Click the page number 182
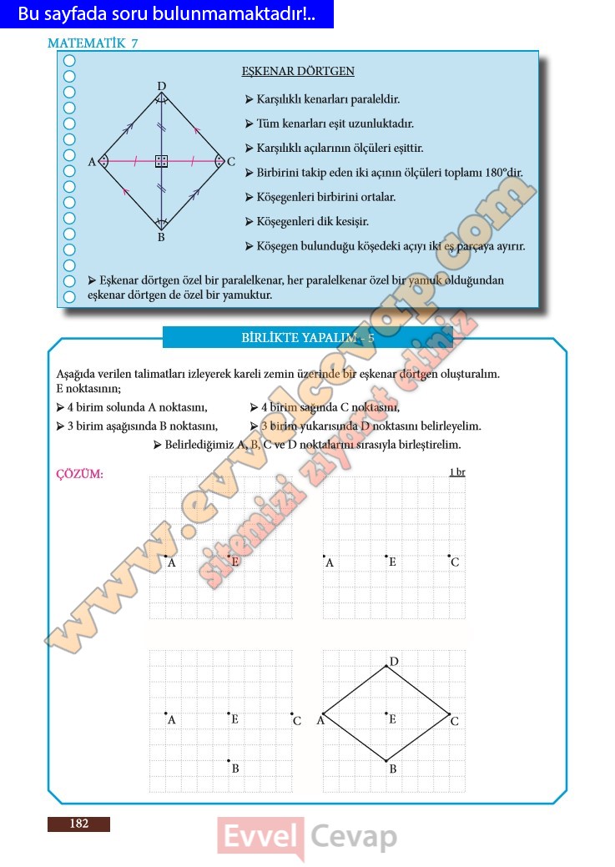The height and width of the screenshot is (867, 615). [78, 824]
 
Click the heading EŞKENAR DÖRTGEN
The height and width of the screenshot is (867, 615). [298, 72]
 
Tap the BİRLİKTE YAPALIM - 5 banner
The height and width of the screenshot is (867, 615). [307, 338]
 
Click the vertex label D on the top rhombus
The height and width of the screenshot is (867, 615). [161, 86]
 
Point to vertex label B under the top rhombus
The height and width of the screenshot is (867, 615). [161, 238]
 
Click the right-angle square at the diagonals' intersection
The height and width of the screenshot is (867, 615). [161, 161]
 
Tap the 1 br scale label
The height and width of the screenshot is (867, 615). [456, 472]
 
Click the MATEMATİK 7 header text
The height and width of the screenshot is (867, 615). [93, 43]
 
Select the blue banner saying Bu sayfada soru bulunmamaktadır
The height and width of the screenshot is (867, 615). [167, 14]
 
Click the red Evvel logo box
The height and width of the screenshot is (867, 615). [260, 837]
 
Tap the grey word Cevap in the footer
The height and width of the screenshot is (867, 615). [354, 836]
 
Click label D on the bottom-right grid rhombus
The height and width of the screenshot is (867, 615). [394, 662]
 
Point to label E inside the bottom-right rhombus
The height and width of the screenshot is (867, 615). [392, 718]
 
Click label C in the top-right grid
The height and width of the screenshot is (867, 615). [455, 562]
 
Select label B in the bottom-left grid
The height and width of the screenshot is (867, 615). [235, 769]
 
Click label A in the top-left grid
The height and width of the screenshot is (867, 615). [172, 562]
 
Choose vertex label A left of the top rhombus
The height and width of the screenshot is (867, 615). [92, 162]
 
